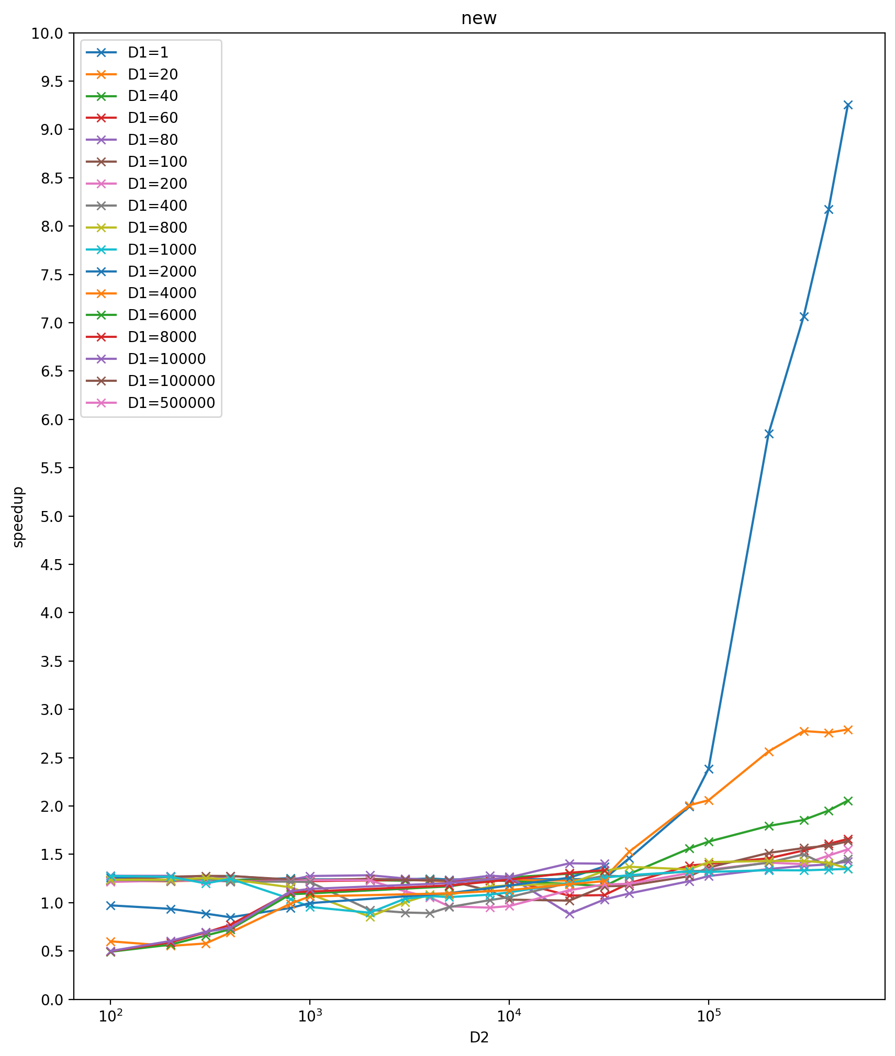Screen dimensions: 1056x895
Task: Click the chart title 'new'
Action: point(478,19)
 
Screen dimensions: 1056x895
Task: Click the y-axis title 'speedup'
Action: point(18,516)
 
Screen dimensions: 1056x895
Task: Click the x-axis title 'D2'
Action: point(478,1037)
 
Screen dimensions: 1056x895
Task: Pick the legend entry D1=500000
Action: point(171,403)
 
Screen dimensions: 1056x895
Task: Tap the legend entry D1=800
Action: point(157,228)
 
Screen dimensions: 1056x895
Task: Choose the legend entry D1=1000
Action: point(162,249)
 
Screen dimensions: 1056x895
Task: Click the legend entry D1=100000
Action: point(171,381)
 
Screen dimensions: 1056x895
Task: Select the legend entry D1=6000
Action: point(162,315)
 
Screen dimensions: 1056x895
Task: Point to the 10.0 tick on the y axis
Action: point(47,33)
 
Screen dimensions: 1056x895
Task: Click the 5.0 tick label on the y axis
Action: point(51,516)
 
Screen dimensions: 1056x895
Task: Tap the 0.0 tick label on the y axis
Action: point(51,1000)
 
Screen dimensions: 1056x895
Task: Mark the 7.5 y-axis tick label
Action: point(51,275)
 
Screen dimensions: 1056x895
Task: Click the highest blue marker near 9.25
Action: point(848,105)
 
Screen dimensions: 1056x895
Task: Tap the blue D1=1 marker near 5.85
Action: point(768,434)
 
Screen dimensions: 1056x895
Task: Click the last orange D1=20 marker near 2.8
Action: point(848,730)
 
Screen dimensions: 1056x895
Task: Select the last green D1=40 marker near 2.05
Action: point(848,801)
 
